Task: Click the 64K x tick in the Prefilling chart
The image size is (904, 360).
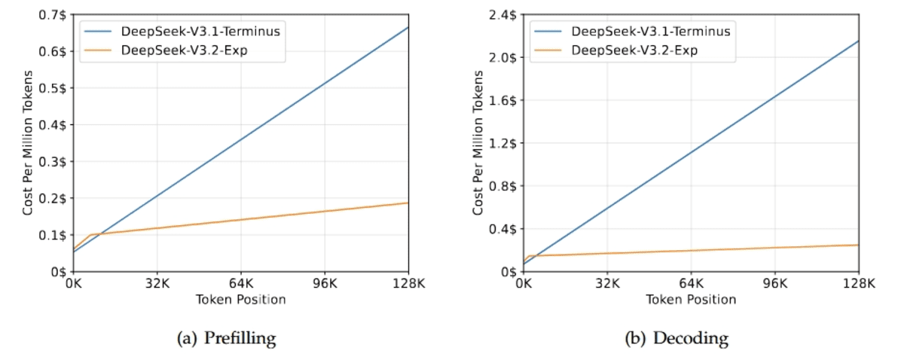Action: pos(240,285)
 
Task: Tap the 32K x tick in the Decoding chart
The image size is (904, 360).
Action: pos(607,285)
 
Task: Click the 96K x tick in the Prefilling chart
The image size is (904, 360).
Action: pos(325,285)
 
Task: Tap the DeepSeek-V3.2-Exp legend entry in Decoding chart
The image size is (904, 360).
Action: pos(626,50)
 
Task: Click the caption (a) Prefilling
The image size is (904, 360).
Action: pos(226,339)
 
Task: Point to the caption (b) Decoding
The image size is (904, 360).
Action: pos(676,339)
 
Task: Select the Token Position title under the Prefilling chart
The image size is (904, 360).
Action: pos(240,300)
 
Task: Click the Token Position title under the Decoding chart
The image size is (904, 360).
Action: pos(691,300)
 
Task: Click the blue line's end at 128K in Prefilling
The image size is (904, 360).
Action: pos(408,28)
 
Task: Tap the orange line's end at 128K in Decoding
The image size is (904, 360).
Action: pos(858,245)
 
